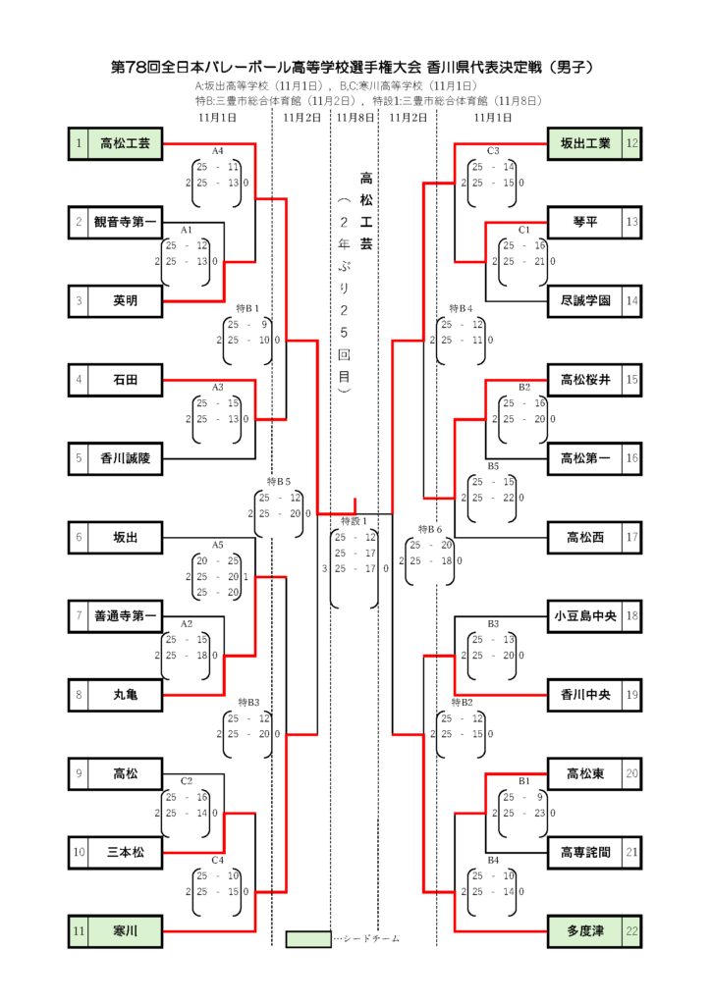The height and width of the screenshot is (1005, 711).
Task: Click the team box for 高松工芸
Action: click(x=125, y=144)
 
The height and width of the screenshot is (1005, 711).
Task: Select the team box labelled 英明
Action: click(x=125, y=300)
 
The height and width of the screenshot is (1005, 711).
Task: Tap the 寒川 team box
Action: click(x=125, y=929)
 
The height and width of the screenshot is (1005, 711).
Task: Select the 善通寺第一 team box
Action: click(x=125, y=616)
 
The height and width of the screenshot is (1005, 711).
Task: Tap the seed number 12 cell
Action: click(x=632, y=144)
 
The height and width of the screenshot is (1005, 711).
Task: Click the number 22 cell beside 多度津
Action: click(x=632, y=929)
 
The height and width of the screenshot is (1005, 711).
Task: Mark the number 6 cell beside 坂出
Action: click(x=78, y=538)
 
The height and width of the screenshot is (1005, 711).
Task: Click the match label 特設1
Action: click(x=354, y=520)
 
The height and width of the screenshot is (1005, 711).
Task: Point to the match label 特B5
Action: click(x=279, y=482)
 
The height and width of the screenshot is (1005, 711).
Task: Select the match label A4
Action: click(x=218, y=151)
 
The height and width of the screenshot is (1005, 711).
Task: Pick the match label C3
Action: click(x=493, y=151)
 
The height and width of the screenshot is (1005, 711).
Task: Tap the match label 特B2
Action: click(x=462, y=703)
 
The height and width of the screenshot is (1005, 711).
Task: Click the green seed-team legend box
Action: click(x=307, y=939)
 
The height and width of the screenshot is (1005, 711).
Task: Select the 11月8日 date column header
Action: click(x=355, y=118)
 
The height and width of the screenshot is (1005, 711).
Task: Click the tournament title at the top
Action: click(x=355, y=68)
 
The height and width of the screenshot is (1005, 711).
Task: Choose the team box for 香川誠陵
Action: click(x=125, y=458)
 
